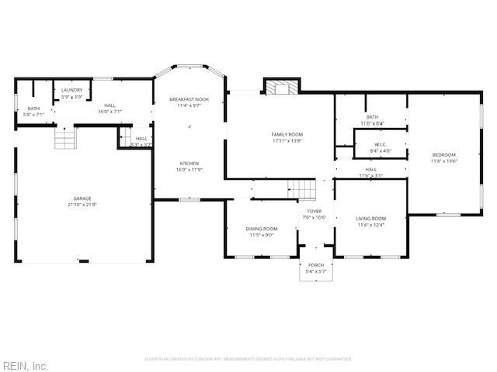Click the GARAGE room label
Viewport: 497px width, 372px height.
(x=82, y=198)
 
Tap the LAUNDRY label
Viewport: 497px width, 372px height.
(x=71, y=91)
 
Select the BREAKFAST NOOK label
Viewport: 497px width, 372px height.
(x=191, y=99)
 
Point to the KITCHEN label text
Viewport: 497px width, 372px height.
(x=190, y=164)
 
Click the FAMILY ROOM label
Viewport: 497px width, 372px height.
(x=287, y=135)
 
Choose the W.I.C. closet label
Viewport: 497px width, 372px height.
(x=381, y=144)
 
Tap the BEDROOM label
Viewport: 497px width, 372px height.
(x=444, y=155)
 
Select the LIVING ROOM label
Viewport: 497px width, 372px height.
(x=371, y=219)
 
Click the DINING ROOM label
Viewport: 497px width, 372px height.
(x=262, y=229)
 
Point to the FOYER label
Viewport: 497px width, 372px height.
(x=315, y=211)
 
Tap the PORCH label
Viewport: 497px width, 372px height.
(x=316, y=265)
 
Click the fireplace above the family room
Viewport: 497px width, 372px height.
(x=280, y=87)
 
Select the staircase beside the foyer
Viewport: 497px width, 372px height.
(x=302, y=188)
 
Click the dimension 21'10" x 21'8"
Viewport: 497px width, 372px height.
(x=82, y=204)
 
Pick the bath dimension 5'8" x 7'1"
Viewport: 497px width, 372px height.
(x=33, y=114)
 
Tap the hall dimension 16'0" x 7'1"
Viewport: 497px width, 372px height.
(x=110, y=112)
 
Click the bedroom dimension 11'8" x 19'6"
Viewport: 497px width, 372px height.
(x=444, y=161)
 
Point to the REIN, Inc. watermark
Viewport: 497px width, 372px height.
(x=26, y=365)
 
